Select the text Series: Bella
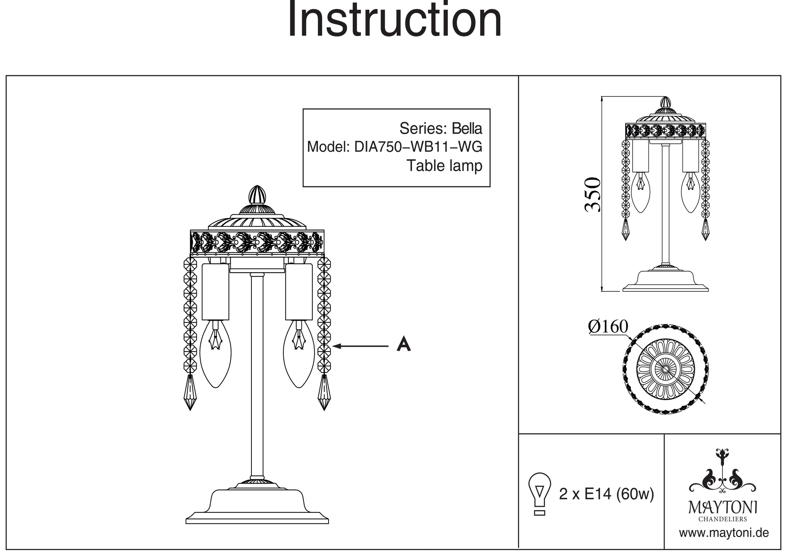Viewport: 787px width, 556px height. click(x=440, y=129)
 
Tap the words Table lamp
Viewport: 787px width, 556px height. click(x=444, y=166)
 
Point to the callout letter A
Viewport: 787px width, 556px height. click(x=403, y=344)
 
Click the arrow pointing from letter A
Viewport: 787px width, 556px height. click(x=360, y=346)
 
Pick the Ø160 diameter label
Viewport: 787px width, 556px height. click(x=608, y=327)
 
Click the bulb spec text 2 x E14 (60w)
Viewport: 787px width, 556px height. click(x=606, y=494)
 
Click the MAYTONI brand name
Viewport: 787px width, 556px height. click(x=722, y=507)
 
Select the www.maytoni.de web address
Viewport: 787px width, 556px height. click(x=724, y=533)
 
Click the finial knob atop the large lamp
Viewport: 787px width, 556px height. click(x=257, y=195)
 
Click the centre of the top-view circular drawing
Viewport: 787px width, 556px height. click(x=665, y=369)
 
